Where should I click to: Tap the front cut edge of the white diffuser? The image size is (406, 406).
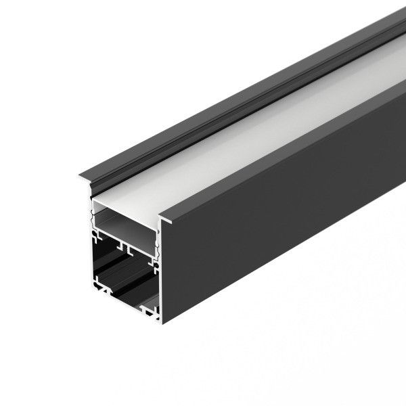pos(126,203)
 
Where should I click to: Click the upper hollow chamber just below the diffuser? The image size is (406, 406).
pos(125,220)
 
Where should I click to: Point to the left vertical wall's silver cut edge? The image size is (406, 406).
pos(91,257)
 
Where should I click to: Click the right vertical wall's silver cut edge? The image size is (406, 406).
pos(160,284)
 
